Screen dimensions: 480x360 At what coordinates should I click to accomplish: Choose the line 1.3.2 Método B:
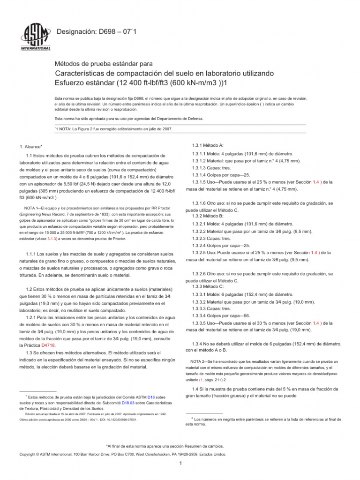[x=208, y=216]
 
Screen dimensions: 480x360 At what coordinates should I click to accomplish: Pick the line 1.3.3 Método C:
[x=208, y=286]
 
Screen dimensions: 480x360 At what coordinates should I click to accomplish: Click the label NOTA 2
[x=201, y=361]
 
